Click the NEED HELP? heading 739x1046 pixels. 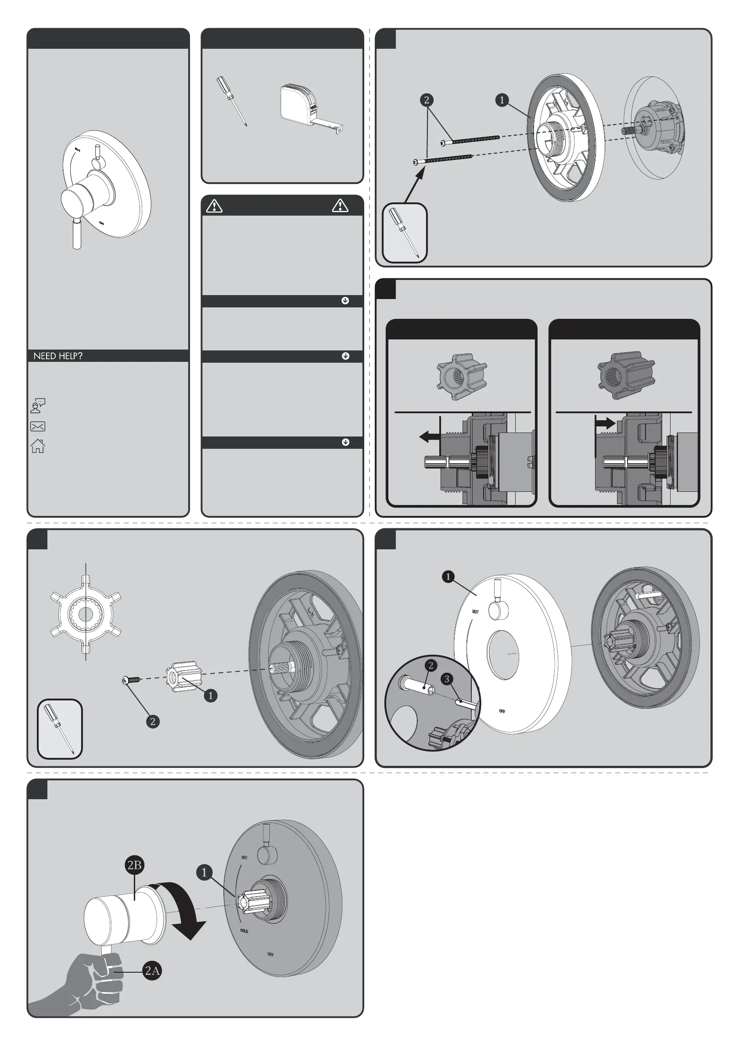coord(58,356)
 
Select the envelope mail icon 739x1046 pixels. coord(37,426)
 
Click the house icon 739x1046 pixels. coord(37,446)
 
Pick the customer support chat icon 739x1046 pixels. coord(37,405)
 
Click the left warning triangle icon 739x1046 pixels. coord(214,206)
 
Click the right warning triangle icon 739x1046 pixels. coord(340,206)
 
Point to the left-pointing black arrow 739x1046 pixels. coord(429,437)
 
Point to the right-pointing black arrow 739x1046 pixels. coord(605,423)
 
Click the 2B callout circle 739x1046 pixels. coord(134,865)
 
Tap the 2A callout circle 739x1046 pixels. coord(152,971)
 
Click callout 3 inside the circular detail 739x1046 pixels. coord(447,679)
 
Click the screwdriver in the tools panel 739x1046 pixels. coord(232,100)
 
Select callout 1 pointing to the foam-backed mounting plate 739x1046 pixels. coord(502,100)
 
